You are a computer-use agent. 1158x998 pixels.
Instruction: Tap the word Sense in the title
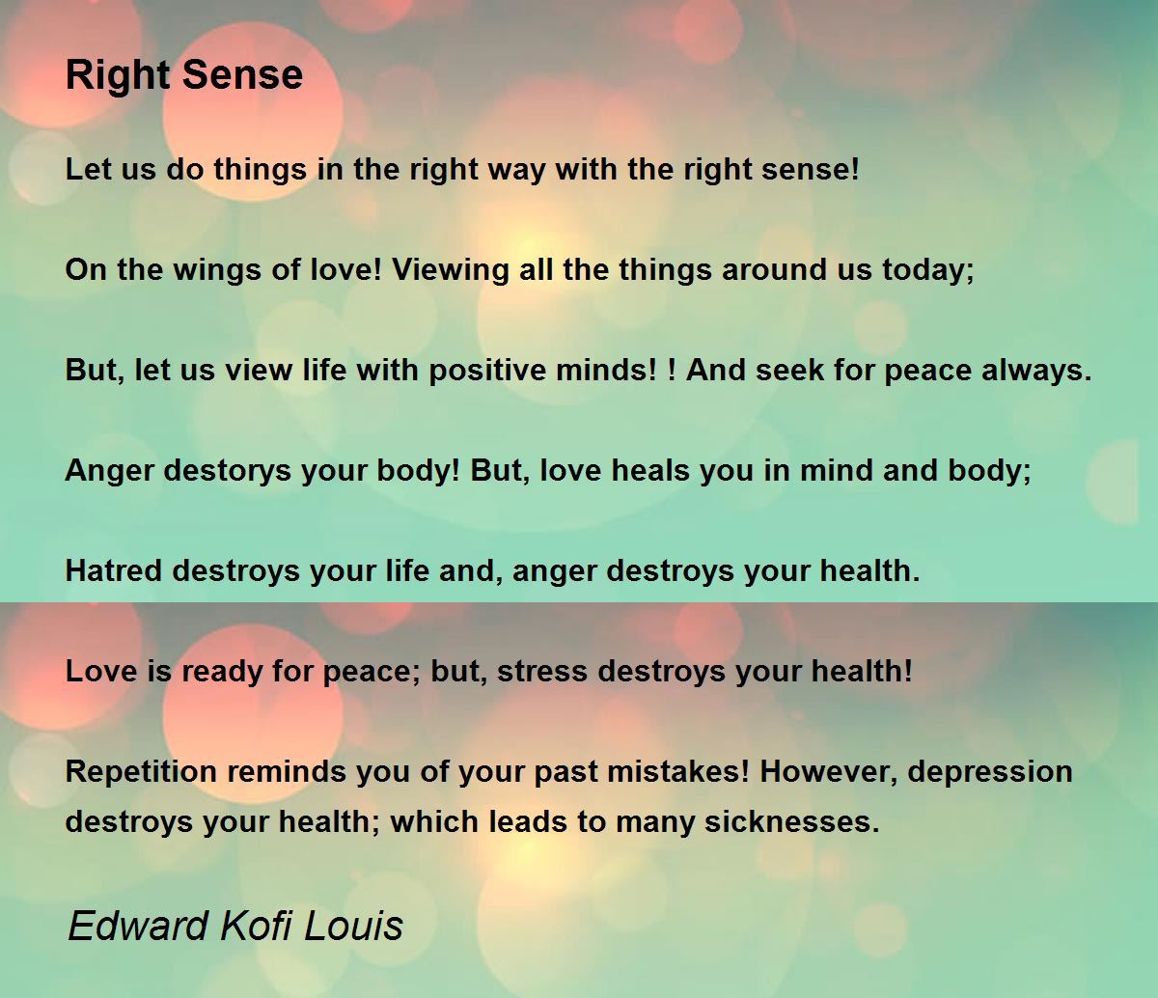pyautogui.click(x=242, y=74)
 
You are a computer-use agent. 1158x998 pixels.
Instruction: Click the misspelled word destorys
pyautogui.click(x=228, y=472)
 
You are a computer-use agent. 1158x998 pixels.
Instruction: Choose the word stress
pyautogui.click(x=542, y=672)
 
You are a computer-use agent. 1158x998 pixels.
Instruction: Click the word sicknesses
pyautogui.click(x=792, y=822)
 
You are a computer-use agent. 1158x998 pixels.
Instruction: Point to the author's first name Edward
pyautogui.click(x=138, y=926)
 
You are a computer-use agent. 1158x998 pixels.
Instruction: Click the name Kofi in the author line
pyautogui.click(x=256, y=926)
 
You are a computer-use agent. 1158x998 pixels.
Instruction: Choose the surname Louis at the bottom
pyautogui.click(x=353, y=926)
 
